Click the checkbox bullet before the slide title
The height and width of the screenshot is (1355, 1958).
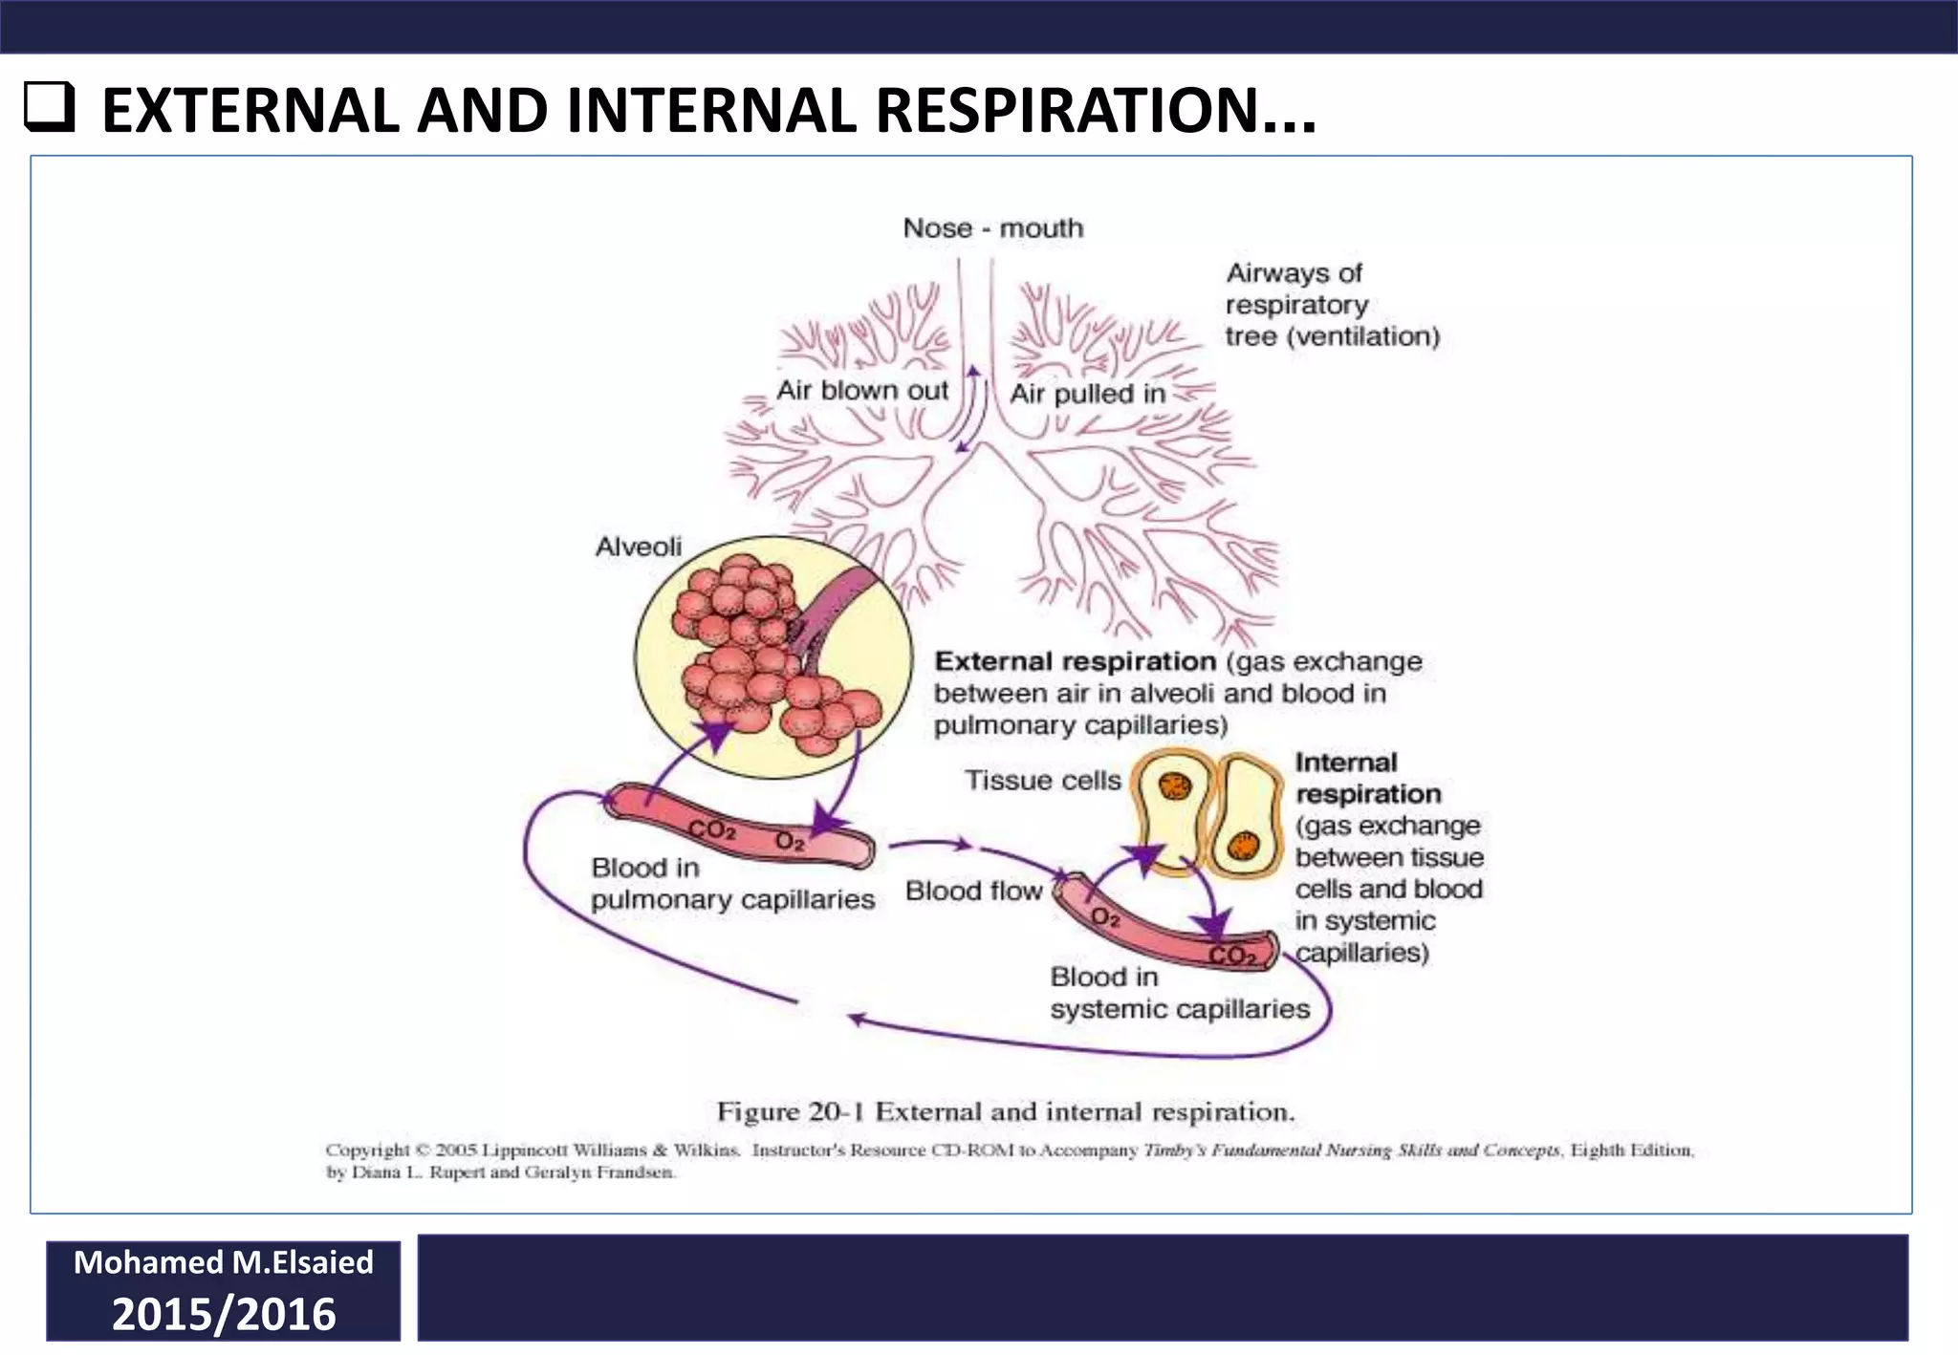[x=49, y=107]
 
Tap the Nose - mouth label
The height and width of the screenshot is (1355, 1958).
[x=993, y=228]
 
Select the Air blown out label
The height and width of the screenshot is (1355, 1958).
[x=861, y=390]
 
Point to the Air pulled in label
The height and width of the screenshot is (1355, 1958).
[x=1087, y=394]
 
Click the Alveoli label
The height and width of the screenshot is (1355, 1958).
[x=638, y=547]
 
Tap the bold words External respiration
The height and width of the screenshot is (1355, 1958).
[x=1075, y=661]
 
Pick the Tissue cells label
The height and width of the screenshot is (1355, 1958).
[x=1042, y=781]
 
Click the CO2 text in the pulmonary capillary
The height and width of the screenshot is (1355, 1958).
[x=712, y=829]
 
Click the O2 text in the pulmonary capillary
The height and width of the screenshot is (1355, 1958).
[x=790, y=841]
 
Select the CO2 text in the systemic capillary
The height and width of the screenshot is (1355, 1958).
[x=1232, y=955]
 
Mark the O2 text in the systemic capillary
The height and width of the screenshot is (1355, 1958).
[x=1105, y=918]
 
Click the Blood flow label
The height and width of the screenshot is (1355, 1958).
[x=973, y=891]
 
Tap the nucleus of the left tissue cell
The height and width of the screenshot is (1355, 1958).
[x=1174, y=786]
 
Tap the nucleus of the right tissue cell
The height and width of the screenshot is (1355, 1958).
[x=1244, y=846]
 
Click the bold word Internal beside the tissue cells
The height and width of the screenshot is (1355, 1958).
[x=1345, y=763]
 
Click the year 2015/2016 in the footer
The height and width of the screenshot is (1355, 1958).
[x=224, y=1314]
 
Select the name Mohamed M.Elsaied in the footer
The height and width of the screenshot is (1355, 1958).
[x=224, y=1262]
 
